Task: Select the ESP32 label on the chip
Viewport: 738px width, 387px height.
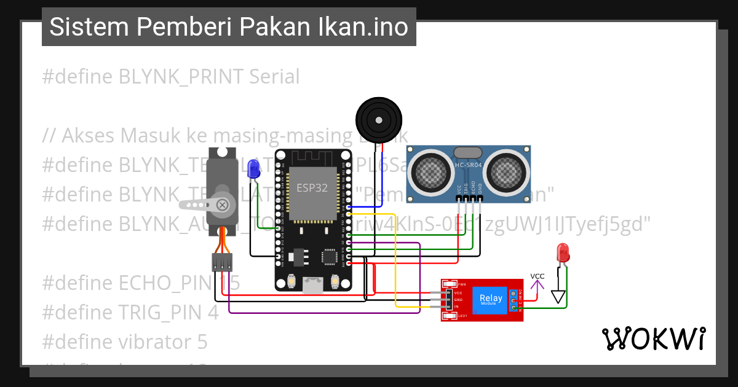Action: [x=312, y=188]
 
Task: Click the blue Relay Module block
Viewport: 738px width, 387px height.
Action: [x=491, y=299]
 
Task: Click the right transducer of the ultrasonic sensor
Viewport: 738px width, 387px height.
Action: [x=507, y=171]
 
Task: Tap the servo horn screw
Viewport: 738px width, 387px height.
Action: [x=223, y=205]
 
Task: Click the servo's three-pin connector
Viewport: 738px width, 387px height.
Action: [x=222, y=263]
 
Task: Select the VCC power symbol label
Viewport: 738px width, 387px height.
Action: [x=538, y=276]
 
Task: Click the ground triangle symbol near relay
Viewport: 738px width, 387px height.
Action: [x=558, y=297]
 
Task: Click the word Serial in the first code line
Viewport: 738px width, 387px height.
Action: [x=274, y=77]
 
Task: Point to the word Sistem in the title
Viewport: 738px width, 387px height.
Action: [x=89, y=27]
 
